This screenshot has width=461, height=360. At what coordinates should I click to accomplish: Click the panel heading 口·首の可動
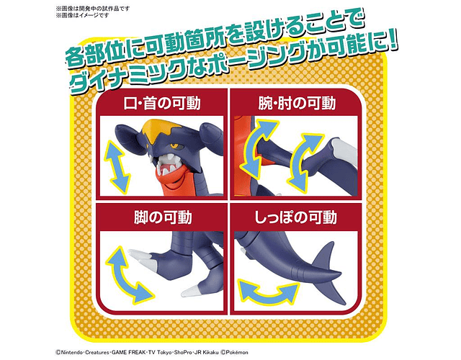[x=162, y=104]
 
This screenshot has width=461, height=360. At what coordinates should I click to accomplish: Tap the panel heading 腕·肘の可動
[x=297, y=104]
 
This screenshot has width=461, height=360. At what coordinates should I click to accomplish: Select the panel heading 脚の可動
[x=163, y=218]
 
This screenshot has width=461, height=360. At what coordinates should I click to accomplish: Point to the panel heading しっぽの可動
[x=295, y=218]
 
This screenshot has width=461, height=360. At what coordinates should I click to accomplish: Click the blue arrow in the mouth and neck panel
[x=117, y=167]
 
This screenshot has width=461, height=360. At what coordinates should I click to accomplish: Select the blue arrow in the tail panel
[x=267, y=293]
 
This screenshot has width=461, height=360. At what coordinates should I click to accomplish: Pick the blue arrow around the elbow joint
[x=303, y=161]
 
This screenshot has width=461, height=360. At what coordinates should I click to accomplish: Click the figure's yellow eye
[x=174, y=145]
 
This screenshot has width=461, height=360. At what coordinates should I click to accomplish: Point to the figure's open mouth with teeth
[x=166, y=165]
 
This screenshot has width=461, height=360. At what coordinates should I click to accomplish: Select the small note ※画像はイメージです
[x=82, y=15]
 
